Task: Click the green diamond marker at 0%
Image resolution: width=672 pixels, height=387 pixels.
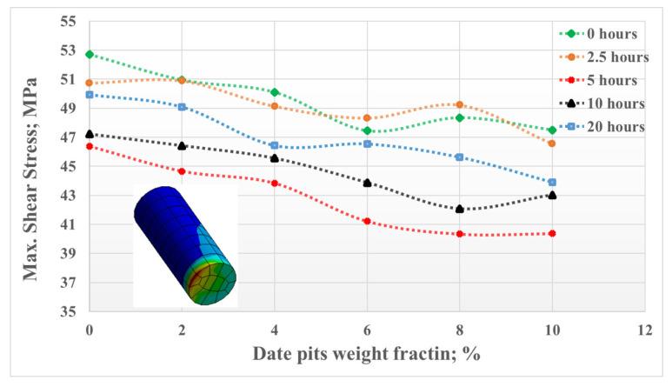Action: pyautogui.click(x=90, y=54)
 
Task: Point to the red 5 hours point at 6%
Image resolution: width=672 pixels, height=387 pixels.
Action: pyautogui.click(x=367, y=222)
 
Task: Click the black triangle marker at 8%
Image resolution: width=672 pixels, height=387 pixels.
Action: pyautogui.click(x=459, y=209)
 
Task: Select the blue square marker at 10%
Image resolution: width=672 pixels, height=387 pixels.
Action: pyautogui.click(x=551, y=183)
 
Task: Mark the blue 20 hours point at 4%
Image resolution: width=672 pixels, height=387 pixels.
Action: pyautogui.click(x=275, y=145)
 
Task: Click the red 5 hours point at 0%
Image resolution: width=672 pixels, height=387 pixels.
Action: pyautogui.click(x=90, y=146)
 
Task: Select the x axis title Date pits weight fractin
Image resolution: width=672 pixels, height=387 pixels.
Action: pyautogui.click(x=366, y=354)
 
